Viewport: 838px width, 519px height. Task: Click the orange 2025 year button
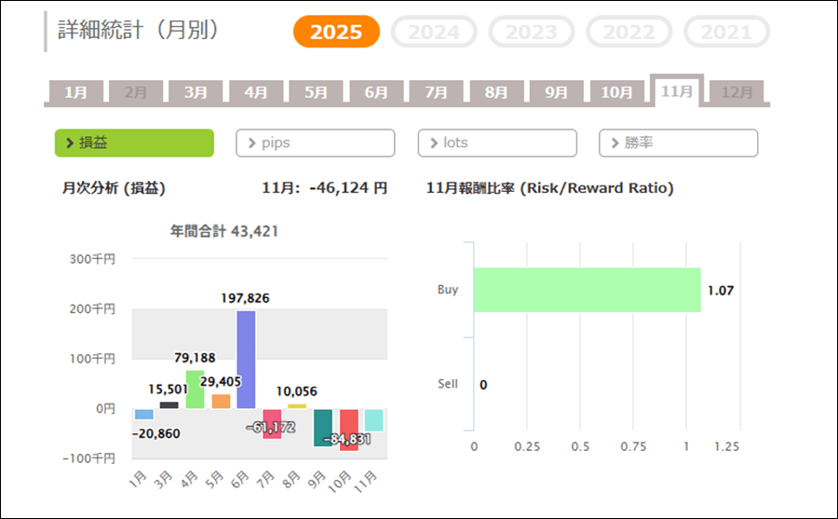click(x=336, y=32)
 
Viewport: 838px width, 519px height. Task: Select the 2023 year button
click(x=532, y=32)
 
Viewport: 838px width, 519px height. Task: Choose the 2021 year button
click(x=726, y=32)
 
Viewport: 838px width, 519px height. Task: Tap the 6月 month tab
click(x=376, y=92)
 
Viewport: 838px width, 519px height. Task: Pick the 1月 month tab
click(x=76, y=92)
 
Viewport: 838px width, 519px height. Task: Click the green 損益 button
click(x=134, y=143)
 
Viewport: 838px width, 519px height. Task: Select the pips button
click(x=316, y=143)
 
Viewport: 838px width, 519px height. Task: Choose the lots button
click(x=497, y=143)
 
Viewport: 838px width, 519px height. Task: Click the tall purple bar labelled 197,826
click(x=246, y=359)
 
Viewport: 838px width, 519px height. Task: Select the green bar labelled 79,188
click(x=195, y=389)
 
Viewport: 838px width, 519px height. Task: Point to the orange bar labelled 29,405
click(x=221, y=401)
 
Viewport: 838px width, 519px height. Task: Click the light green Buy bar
click(x=587, y=290)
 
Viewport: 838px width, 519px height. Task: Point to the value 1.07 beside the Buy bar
click(x=721, y=291)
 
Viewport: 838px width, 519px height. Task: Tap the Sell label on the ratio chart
click(x=448, y=384)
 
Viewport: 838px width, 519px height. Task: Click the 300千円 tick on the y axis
click(x=92, y=258)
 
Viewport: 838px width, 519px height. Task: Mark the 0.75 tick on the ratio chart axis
click(x=633, y=446)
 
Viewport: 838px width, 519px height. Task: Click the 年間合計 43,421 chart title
click(x=224, y=231)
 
